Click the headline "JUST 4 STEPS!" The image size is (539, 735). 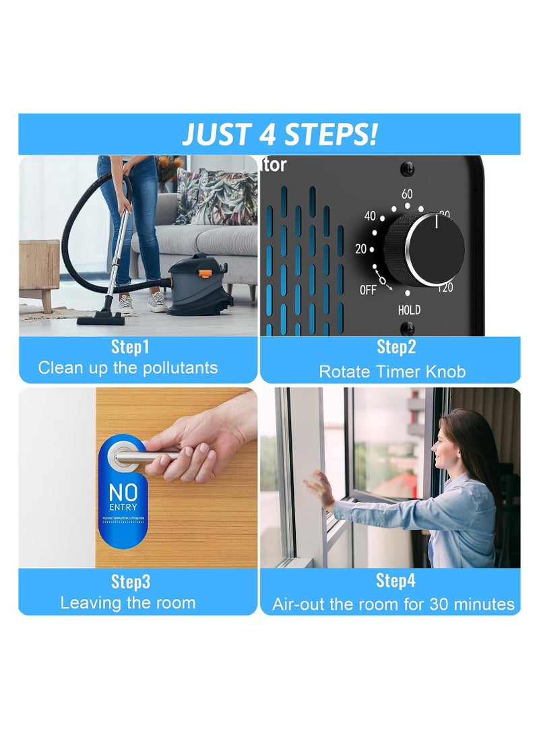click(279, 134)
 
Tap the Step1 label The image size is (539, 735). click(130, 348)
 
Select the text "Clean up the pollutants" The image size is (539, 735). click(128, 368)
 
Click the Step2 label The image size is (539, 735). click(396, 348)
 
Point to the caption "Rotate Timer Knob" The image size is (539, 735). click(392, 371)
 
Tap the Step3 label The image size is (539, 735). click(130, 581)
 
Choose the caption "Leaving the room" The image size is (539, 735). click(128, 603)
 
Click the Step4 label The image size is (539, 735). click(396, 581)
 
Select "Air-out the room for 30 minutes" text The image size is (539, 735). click(393, 604)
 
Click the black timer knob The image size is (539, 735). click(435, 249)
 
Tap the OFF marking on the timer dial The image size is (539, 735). click(368, 290)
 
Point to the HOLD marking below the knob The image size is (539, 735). click(408, 310)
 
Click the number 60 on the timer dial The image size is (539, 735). click(407, 194)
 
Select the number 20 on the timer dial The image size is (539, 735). click(360, 249)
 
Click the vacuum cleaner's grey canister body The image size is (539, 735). click(199, 286)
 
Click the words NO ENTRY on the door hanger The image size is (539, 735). click(123, 496)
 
